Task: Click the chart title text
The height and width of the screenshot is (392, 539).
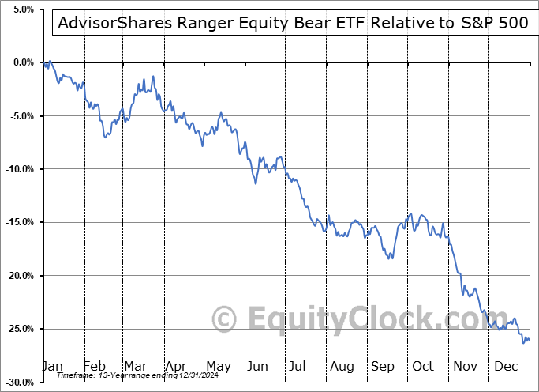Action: pyautogui.click(x=291, y=23)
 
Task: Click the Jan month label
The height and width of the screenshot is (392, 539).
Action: pyautogui.click(x=51, y=367)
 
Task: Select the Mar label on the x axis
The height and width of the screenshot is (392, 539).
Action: pyautogui.click(x=135, y=367)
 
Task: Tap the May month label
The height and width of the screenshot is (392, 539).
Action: pyautogui.click(x=218, y=367)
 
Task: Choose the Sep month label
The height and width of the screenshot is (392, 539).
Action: pyautogui.click(x=384, y=367)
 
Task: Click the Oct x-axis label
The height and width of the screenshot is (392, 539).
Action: pyautogui.click(x=424, y=367)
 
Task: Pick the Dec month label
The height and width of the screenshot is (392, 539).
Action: pyautogui.click(x=507, y=367)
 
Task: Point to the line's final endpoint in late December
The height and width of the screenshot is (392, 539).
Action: pyautogui.click(x=529, y=341)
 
